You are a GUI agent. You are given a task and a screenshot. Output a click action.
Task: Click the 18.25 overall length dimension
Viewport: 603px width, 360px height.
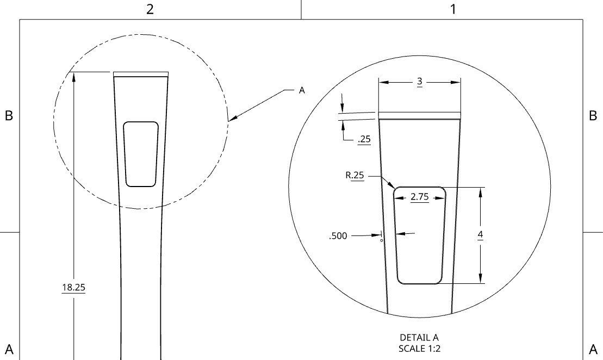(73, 287)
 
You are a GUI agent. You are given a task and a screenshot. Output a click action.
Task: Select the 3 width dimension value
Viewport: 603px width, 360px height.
(420, 81)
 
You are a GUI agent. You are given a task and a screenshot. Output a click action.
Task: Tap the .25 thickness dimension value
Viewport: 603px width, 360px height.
(364, 139)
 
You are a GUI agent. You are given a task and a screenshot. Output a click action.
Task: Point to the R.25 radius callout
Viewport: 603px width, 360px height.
(355, 176)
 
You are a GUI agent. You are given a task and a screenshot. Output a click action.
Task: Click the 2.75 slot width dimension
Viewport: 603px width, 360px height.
(420, 197)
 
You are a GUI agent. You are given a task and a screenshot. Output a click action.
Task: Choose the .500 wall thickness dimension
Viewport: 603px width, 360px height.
(338, 236)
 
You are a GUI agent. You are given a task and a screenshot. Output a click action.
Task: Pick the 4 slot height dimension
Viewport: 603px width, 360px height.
(480, 234)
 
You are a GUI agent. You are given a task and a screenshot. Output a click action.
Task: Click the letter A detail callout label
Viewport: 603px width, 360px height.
(302, 90)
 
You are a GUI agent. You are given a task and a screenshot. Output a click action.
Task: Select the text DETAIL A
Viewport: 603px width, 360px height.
(419, 338)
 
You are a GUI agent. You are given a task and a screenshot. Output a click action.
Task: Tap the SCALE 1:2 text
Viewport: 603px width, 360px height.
(420, 349)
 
